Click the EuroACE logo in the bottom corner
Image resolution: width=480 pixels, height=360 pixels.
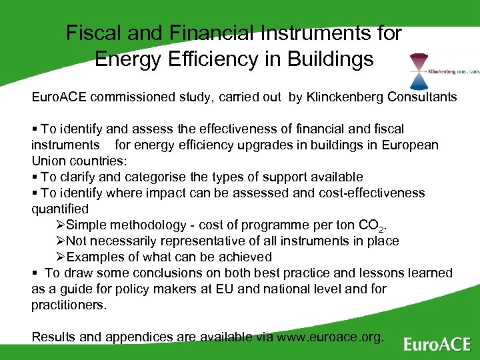tap(437, 343)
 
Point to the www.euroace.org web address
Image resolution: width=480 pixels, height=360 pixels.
tap(330, 337)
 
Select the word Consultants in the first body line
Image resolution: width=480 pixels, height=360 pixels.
tap(425, 97)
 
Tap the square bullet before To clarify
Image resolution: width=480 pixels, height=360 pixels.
tap(35, 177)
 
